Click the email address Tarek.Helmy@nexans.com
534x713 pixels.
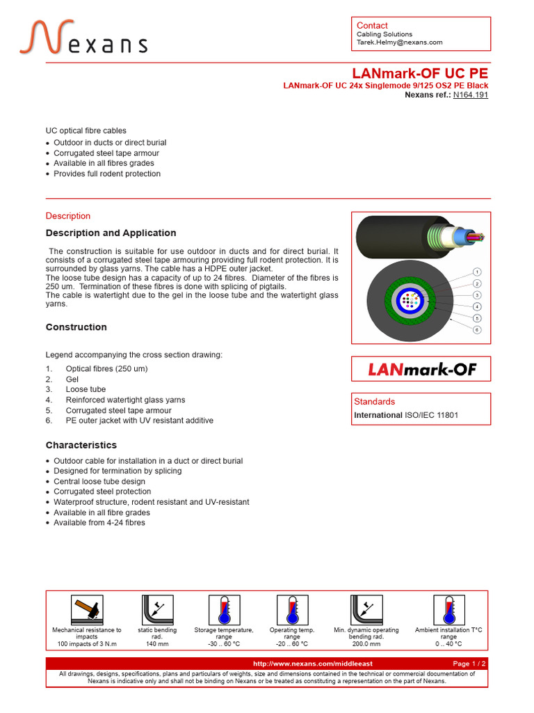[399, 42]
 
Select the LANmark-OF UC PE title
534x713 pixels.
[420, 74]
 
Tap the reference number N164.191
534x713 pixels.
[471, 95]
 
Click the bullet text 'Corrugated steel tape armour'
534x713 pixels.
[106, 153]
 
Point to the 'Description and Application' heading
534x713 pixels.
[111, 233]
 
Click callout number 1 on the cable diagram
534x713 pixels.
[477, 272]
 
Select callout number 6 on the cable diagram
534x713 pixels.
[477, 329]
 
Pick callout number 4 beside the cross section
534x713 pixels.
[477, 306]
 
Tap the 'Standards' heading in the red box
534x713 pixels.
[374, 402]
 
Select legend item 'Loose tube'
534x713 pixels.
[86, 390]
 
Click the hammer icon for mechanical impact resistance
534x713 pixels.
[87, 610]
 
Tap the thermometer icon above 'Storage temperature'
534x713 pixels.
[224, 610]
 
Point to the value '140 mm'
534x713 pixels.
[154, 644]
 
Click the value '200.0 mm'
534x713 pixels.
[366, 644]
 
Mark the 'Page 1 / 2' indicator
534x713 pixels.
[469, 664]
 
